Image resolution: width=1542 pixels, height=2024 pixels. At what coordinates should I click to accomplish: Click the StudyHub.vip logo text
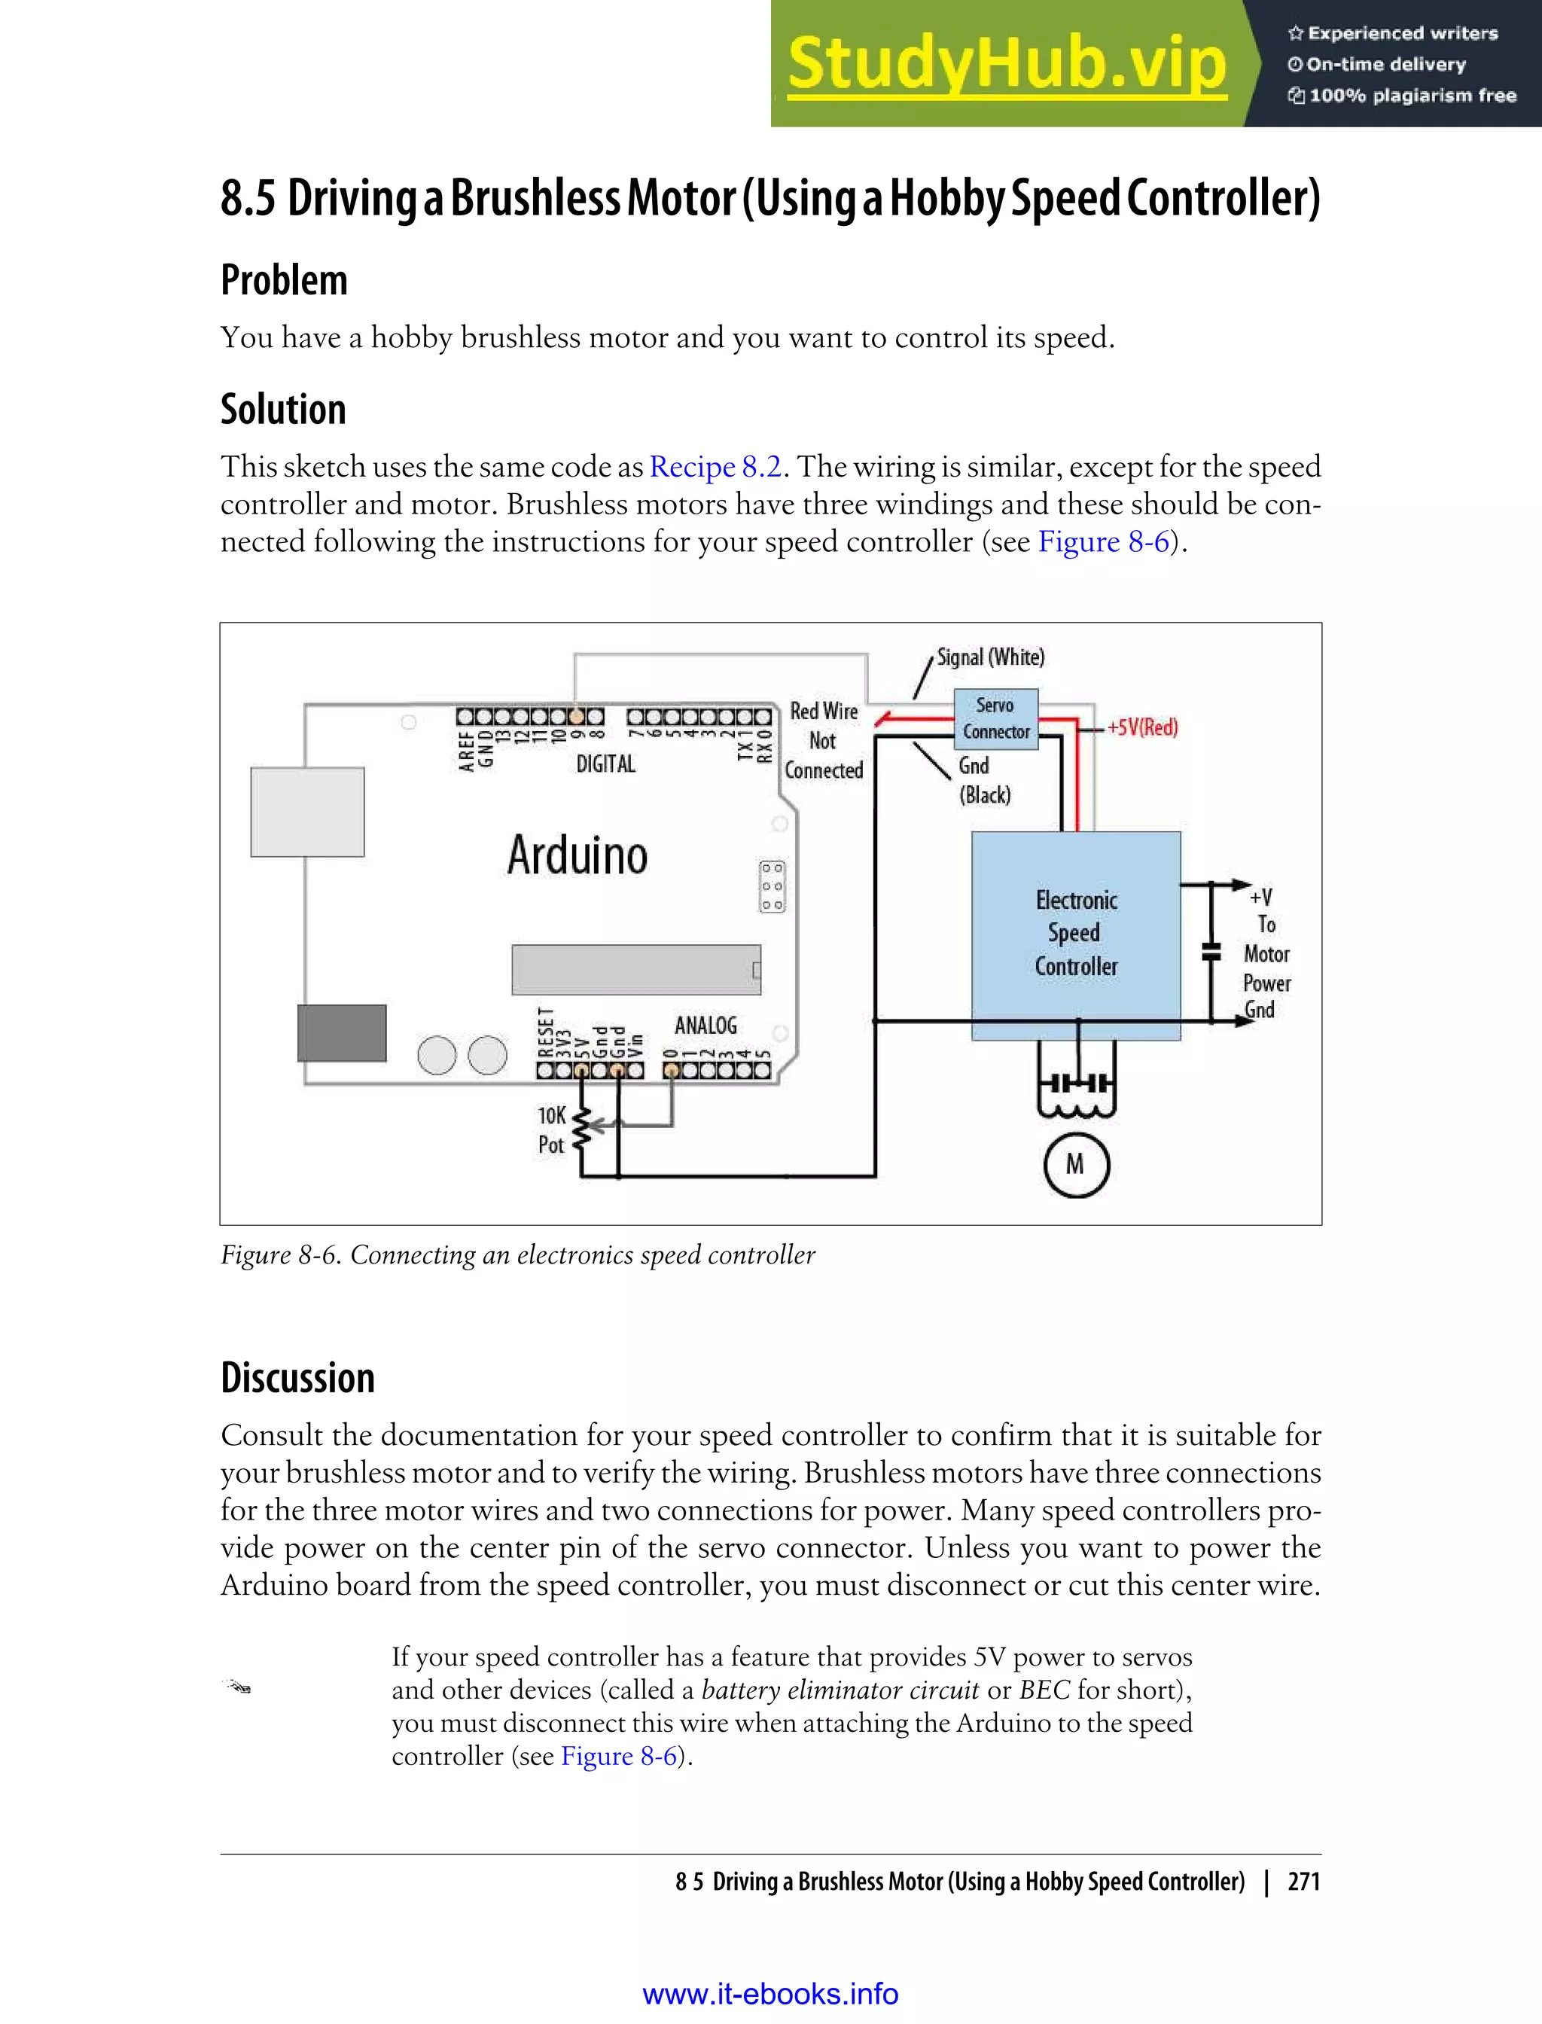1007,64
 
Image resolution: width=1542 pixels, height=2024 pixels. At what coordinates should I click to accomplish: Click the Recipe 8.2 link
715,467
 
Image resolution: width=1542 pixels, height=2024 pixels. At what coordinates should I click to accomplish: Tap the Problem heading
284,280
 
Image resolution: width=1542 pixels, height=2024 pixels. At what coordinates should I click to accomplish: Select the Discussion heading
297,1378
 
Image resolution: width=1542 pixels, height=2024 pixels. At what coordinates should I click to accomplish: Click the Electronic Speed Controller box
1076,934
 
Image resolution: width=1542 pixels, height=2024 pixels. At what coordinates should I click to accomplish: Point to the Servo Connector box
996,719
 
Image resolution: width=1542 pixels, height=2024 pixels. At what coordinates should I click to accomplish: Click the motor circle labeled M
1076,1166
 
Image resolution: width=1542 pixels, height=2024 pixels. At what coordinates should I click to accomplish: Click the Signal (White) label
990,657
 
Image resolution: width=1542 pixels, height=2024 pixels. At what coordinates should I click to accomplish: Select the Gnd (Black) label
983,780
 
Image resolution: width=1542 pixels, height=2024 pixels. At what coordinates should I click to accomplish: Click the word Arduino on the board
577,855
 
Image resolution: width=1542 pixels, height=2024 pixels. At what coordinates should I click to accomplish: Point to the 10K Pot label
552,1130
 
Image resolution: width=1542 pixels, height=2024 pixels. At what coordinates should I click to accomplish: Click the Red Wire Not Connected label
823,741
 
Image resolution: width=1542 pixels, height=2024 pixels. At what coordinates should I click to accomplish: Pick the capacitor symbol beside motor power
1211,952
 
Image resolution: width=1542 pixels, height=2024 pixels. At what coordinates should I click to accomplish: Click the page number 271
1303,1882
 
